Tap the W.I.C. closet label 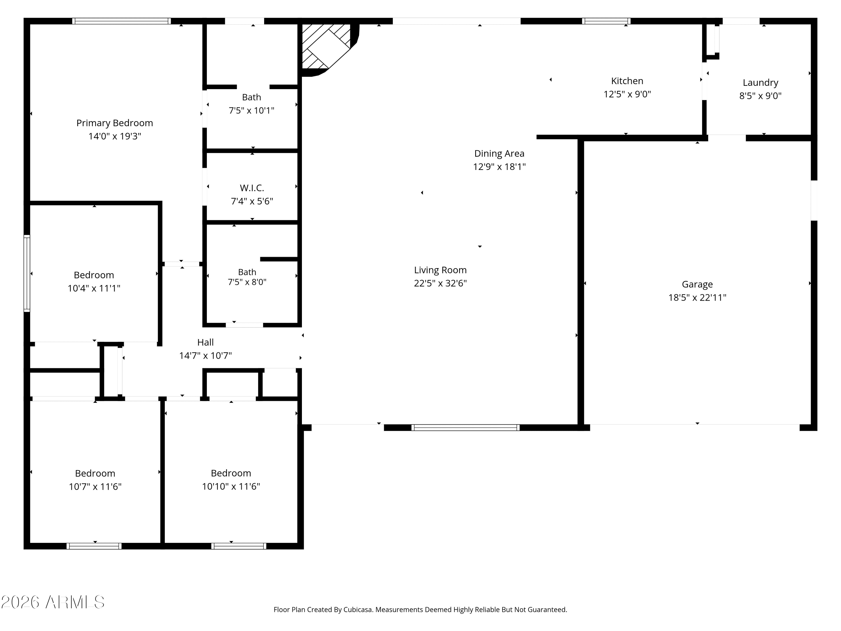[x=252, y=188]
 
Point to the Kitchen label [x=627, y=81]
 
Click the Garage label [x=697, y=284]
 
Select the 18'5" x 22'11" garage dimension [x=697, y=298]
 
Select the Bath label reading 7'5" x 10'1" [x=251, y=97]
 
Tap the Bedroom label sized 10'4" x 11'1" [x=94, y=275]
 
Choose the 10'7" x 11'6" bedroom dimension [x=95, y=487]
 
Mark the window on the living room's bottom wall [x=465, y=427]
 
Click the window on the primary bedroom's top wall [x=121, y=21]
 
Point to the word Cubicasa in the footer [x=357, y=610]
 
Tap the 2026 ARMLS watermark [x=53, y=602]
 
